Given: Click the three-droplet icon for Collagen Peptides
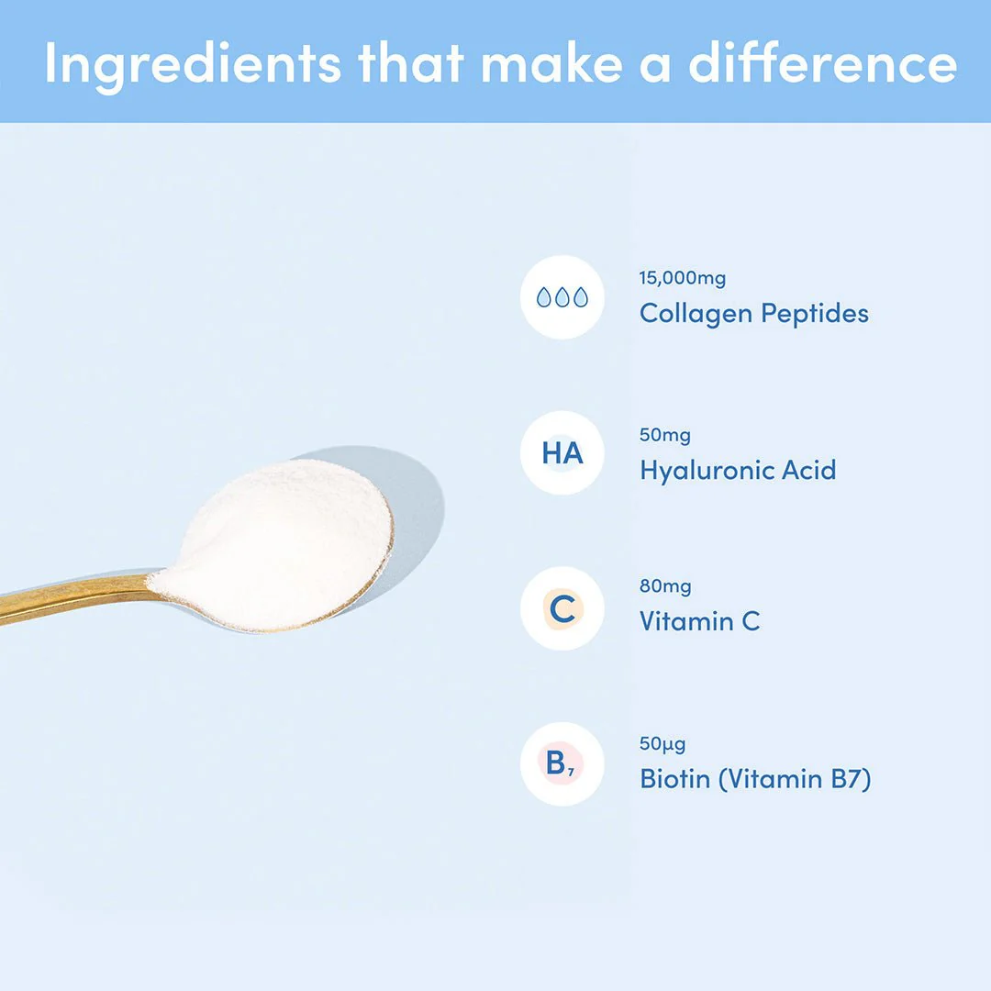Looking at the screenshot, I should pos(562,297).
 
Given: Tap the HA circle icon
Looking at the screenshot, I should pos(562,453).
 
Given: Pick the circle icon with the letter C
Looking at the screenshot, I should pos(562,609).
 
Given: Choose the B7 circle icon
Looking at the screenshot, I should pos(562,764).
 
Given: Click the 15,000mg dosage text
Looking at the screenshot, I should pos(682,279).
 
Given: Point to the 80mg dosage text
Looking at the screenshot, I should pos(665,586).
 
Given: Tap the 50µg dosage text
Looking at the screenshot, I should pos(663,744).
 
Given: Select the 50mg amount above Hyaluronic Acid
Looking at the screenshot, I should pos(665,435).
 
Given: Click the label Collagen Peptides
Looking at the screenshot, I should pos(753,314).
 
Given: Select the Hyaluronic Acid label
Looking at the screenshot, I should pos(738,471).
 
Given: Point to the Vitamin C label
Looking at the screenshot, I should pos(699,622).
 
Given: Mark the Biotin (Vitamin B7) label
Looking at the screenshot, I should pos(754,780).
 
